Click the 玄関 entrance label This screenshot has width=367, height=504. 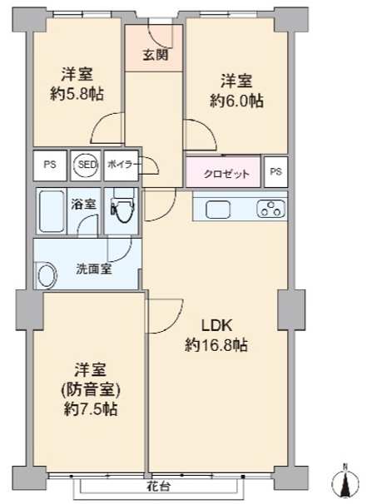click(x=156, y=55)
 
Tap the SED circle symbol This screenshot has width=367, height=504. click(x=87, y=165)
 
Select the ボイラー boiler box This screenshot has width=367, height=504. click(x=121, y=166)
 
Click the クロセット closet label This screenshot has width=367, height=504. click(x=226, y=174)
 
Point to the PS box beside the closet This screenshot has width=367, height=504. click(x=275, y=171)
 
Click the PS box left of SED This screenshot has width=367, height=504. click(x=50, y=165)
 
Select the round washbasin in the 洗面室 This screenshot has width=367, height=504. click(x=47, y=274)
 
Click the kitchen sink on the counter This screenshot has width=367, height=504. click(x=218, y=210)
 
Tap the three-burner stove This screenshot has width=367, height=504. click(x=270, y=208)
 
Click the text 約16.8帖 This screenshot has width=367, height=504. click(x=216, y=345)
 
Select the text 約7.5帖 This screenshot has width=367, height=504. click(x=90, y=409)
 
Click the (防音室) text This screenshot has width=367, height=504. click(x=91, y=390)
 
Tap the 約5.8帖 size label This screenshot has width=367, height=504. click(x=77, y=94)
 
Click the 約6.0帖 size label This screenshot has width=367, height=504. click(x=236, y=101)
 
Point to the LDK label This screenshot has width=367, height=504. click(x=216, y=326)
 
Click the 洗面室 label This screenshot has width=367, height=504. click(x=94, y=269)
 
